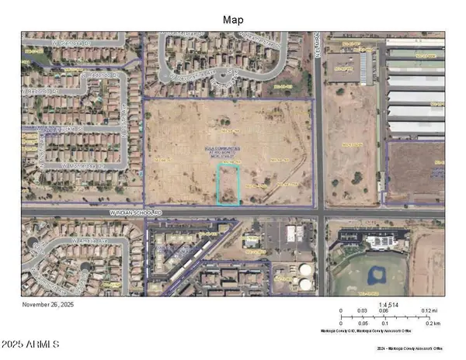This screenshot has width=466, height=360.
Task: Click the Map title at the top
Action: (233, 20)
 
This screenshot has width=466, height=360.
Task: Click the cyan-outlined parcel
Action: (228, 185)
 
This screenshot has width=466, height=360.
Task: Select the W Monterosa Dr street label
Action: (82, 165)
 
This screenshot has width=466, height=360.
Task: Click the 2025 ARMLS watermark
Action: (32, 344)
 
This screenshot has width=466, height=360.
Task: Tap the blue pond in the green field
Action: (377, 273)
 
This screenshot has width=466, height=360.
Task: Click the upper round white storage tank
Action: (306, 271)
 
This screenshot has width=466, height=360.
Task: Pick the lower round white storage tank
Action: (305, 284)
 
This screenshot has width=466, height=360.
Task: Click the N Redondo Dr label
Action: (102, 76)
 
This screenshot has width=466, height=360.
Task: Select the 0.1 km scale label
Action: (385, 324)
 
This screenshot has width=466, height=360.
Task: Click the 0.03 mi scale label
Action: (363, 311)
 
